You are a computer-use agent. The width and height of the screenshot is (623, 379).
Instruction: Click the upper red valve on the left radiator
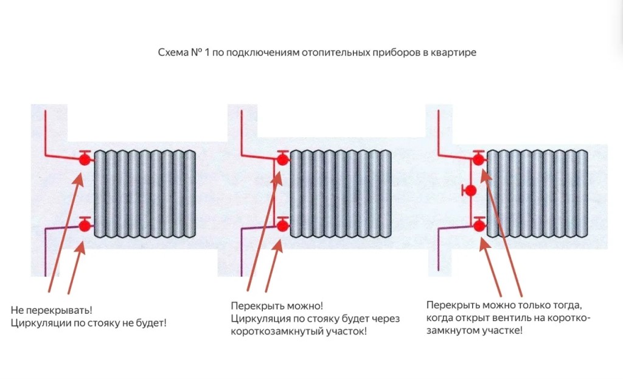[x=85, y=159]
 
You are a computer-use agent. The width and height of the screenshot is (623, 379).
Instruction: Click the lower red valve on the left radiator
[x=85, y=225]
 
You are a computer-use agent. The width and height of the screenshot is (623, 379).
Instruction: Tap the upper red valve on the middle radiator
[x=282, y=159]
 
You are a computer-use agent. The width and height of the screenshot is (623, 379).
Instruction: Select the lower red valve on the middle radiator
[x=282, y=225]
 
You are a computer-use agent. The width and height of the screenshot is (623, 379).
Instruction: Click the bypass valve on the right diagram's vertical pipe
[x=470, y=191]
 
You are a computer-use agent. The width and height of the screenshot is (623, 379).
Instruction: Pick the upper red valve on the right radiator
[x=479, y=159]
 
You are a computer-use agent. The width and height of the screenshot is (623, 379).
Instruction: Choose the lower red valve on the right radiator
[x=479, y=225]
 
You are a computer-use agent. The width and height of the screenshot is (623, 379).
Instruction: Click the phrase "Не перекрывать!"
[x=51, y=310]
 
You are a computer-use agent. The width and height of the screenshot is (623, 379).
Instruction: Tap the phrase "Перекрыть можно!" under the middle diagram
[x=277, y=306]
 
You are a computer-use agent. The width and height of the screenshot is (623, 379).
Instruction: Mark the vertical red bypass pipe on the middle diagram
[x=274, y=193]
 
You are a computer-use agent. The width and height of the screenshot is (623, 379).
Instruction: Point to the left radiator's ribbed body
[x=145, y=194]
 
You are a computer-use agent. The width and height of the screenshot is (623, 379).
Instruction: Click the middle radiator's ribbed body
[x=341, y=194]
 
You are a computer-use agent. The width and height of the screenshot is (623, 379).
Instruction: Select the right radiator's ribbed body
[x=537, y=194]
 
